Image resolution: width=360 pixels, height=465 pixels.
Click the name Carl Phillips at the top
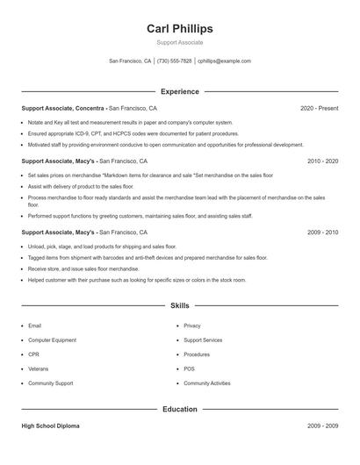[180, 28]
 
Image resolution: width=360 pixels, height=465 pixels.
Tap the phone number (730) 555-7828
[174, 61]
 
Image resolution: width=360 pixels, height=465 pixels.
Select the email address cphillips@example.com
[224, 61]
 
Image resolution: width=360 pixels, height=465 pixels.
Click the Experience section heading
[180, 91]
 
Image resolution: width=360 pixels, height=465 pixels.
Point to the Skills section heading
[180, 305]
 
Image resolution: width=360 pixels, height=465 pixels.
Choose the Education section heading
[180, 409]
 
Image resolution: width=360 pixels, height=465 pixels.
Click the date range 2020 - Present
[319, 108]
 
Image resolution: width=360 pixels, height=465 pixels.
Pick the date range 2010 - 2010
[322, 161]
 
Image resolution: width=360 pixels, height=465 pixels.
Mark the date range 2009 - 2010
[322, 232]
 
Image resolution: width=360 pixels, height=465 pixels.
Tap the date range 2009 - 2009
[322, 426]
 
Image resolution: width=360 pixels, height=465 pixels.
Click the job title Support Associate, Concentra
[65, 108]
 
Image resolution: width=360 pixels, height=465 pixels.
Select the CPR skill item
[34, 354]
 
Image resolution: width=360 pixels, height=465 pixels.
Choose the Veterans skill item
[39, 368]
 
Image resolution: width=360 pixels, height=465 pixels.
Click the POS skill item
[189, 368]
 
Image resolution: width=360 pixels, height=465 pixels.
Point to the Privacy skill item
[191, 325]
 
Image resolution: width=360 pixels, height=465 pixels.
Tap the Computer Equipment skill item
[52, 340]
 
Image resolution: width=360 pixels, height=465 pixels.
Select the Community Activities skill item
[206, 383]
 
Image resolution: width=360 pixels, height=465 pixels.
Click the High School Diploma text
[50, 426]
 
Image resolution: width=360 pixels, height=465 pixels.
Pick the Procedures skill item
[197, 354]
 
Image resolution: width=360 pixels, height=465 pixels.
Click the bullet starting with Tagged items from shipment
[147, 258]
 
